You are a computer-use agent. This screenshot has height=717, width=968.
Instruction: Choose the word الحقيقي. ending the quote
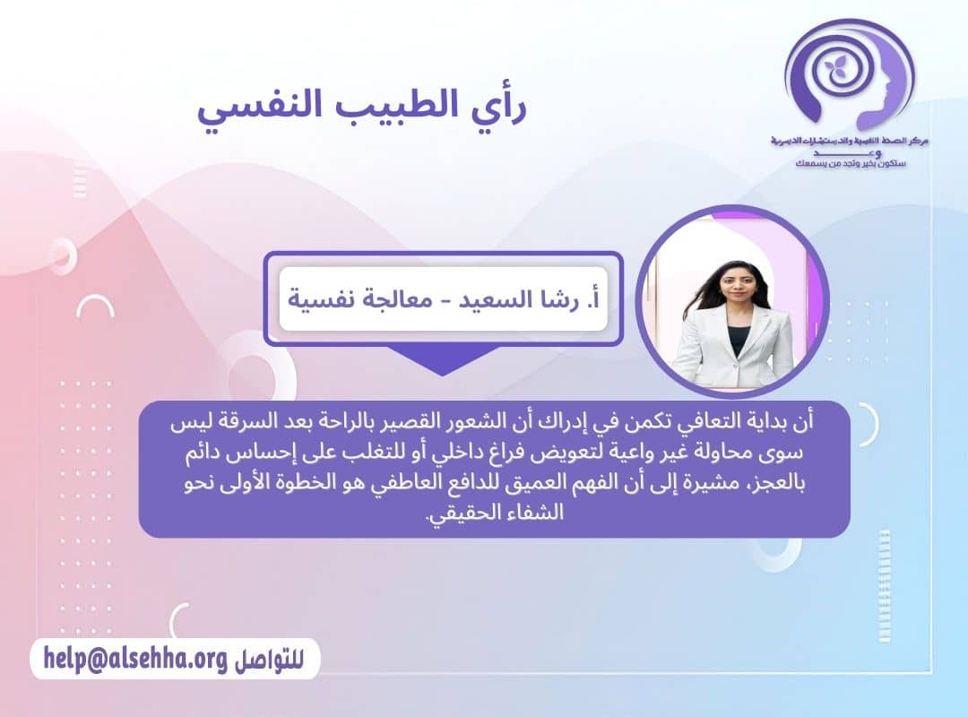click(x=466, y=517)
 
